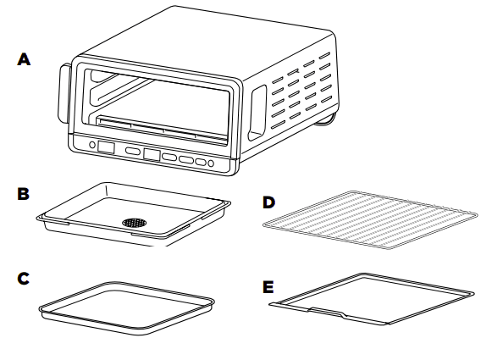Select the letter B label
[25, 194]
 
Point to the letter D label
[268, 202]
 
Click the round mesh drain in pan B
[133, 222]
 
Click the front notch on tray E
[327, 313]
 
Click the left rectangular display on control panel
[107, 148]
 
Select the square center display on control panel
[152, 155]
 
